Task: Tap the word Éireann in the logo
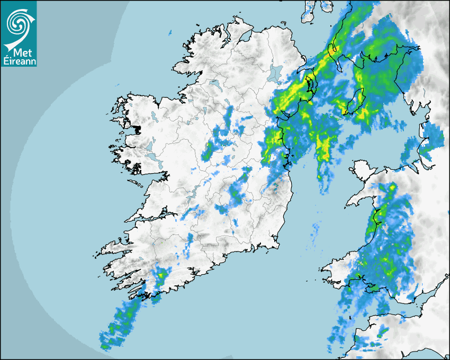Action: point(19,61)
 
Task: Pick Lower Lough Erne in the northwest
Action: point(214,84)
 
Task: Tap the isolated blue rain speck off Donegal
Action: point(170,34)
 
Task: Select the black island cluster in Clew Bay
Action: point(137,129)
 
